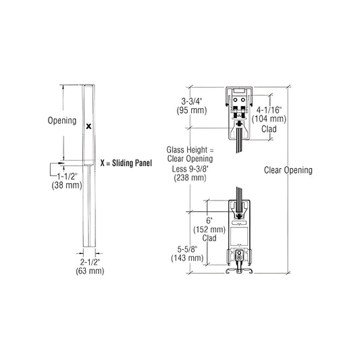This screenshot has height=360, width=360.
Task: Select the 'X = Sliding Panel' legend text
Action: point(126,163)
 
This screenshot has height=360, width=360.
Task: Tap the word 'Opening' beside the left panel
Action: point(61,121)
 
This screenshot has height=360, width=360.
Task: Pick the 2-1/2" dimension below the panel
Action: point(92,262)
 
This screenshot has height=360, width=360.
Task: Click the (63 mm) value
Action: point(92,272)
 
